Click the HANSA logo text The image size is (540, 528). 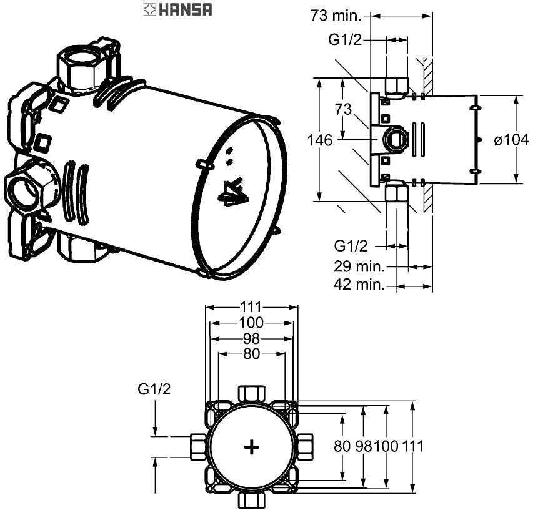pos(186,9)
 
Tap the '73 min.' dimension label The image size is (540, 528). pos(336,16)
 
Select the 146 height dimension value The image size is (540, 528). pos(319,140)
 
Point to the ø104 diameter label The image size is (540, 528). pos(511,140)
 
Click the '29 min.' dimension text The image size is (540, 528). pos(358,266)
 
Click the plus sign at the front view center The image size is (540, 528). pos(251,447)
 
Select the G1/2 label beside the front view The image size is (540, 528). pos(154,389)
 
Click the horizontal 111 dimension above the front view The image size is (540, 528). pos(251,306)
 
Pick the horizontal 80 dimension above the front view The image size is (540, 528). pos(251,354)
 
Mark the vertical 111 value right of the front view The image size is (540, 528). pos(412,446)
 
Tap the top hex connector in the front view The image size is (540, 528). pos(251,394)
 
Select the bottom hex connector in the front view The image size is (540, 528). pos(251,501)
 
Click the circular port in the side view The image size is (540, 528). pos(395,139)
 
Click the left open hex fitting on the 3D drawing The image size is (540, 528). pos(26,190)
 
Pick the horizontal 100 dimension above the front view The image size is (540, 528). pos(251,323)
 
